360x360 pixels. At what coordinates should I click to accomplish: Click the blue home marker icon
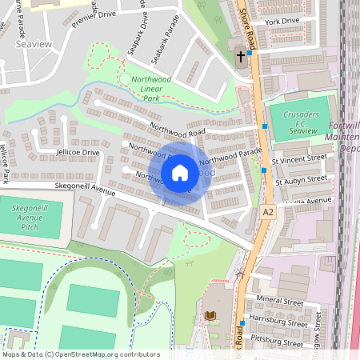tap(180, 172)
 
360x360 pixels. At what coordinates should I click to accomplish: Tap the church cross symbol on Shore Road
tap(241, 56)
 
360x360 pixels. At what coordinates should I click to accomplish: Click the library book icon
tap(211, 317)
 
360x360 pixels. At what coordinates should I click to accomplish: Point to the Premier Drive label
tap(94, 20)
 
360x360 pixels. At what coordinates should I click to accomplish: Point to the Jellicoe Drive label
tap(78, 152)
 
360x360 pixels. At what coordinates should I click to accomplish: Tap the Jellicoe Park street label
tap(5, 163)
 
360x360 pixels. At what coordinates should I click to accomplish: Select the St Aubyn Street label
tap(300, 181)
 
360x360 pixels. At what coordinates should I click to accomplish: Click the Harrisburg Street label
tap(279, 324)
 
